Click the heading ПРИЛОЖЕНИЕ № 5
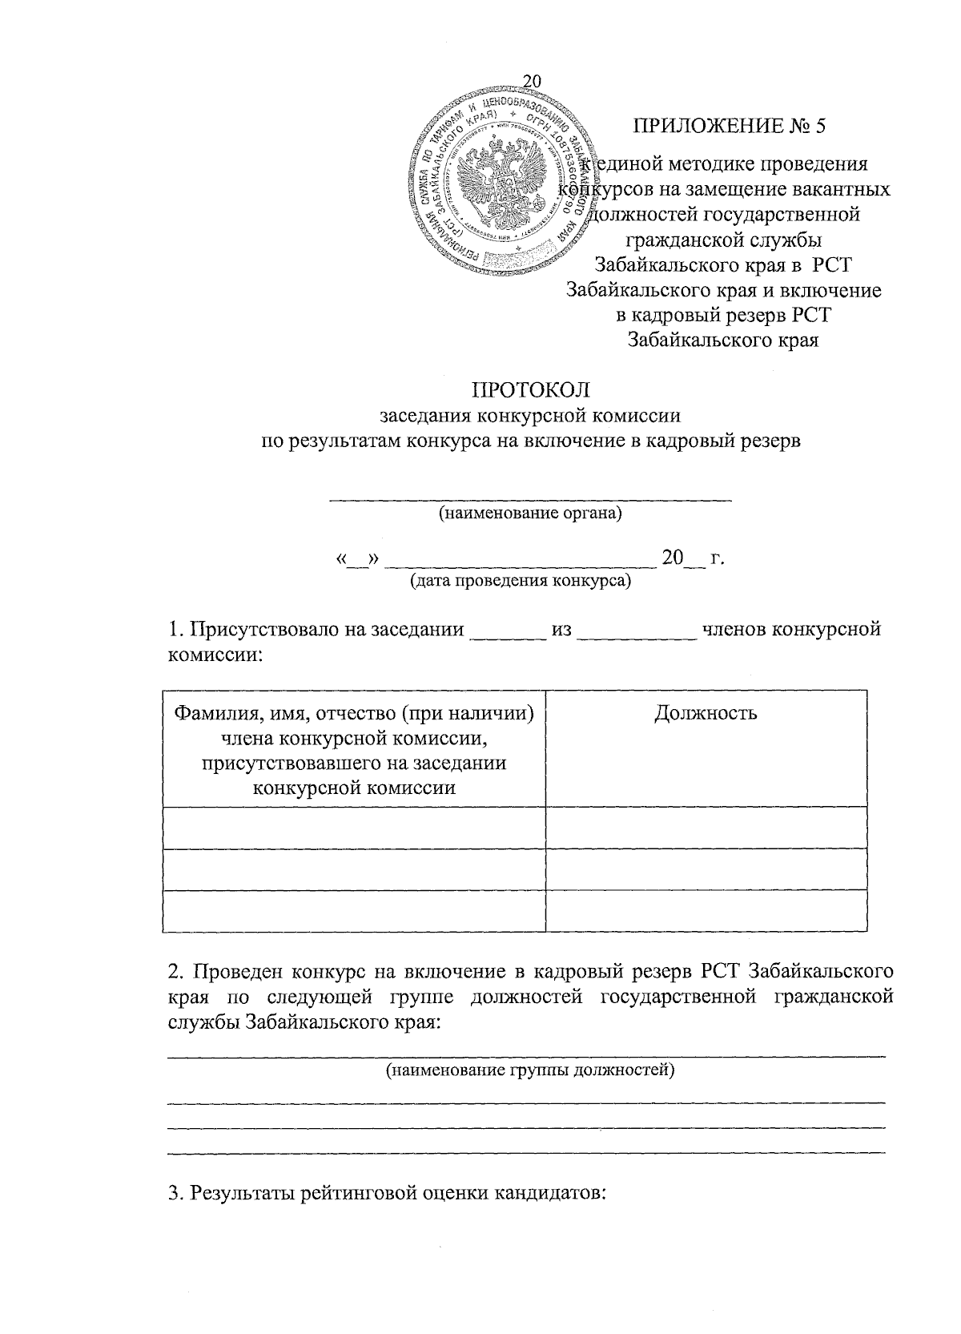[x=728, y=126]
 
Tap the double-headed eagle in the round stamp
[x=498, y=183]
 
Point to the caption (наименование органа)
[x=529, y=513]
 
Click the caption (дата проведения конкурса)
[x=520, y=580]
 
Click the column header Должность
[x=706, y=712]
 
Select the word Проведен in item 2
[x=237, y=972]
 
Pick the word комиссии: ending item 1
[x=215, y=655]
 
